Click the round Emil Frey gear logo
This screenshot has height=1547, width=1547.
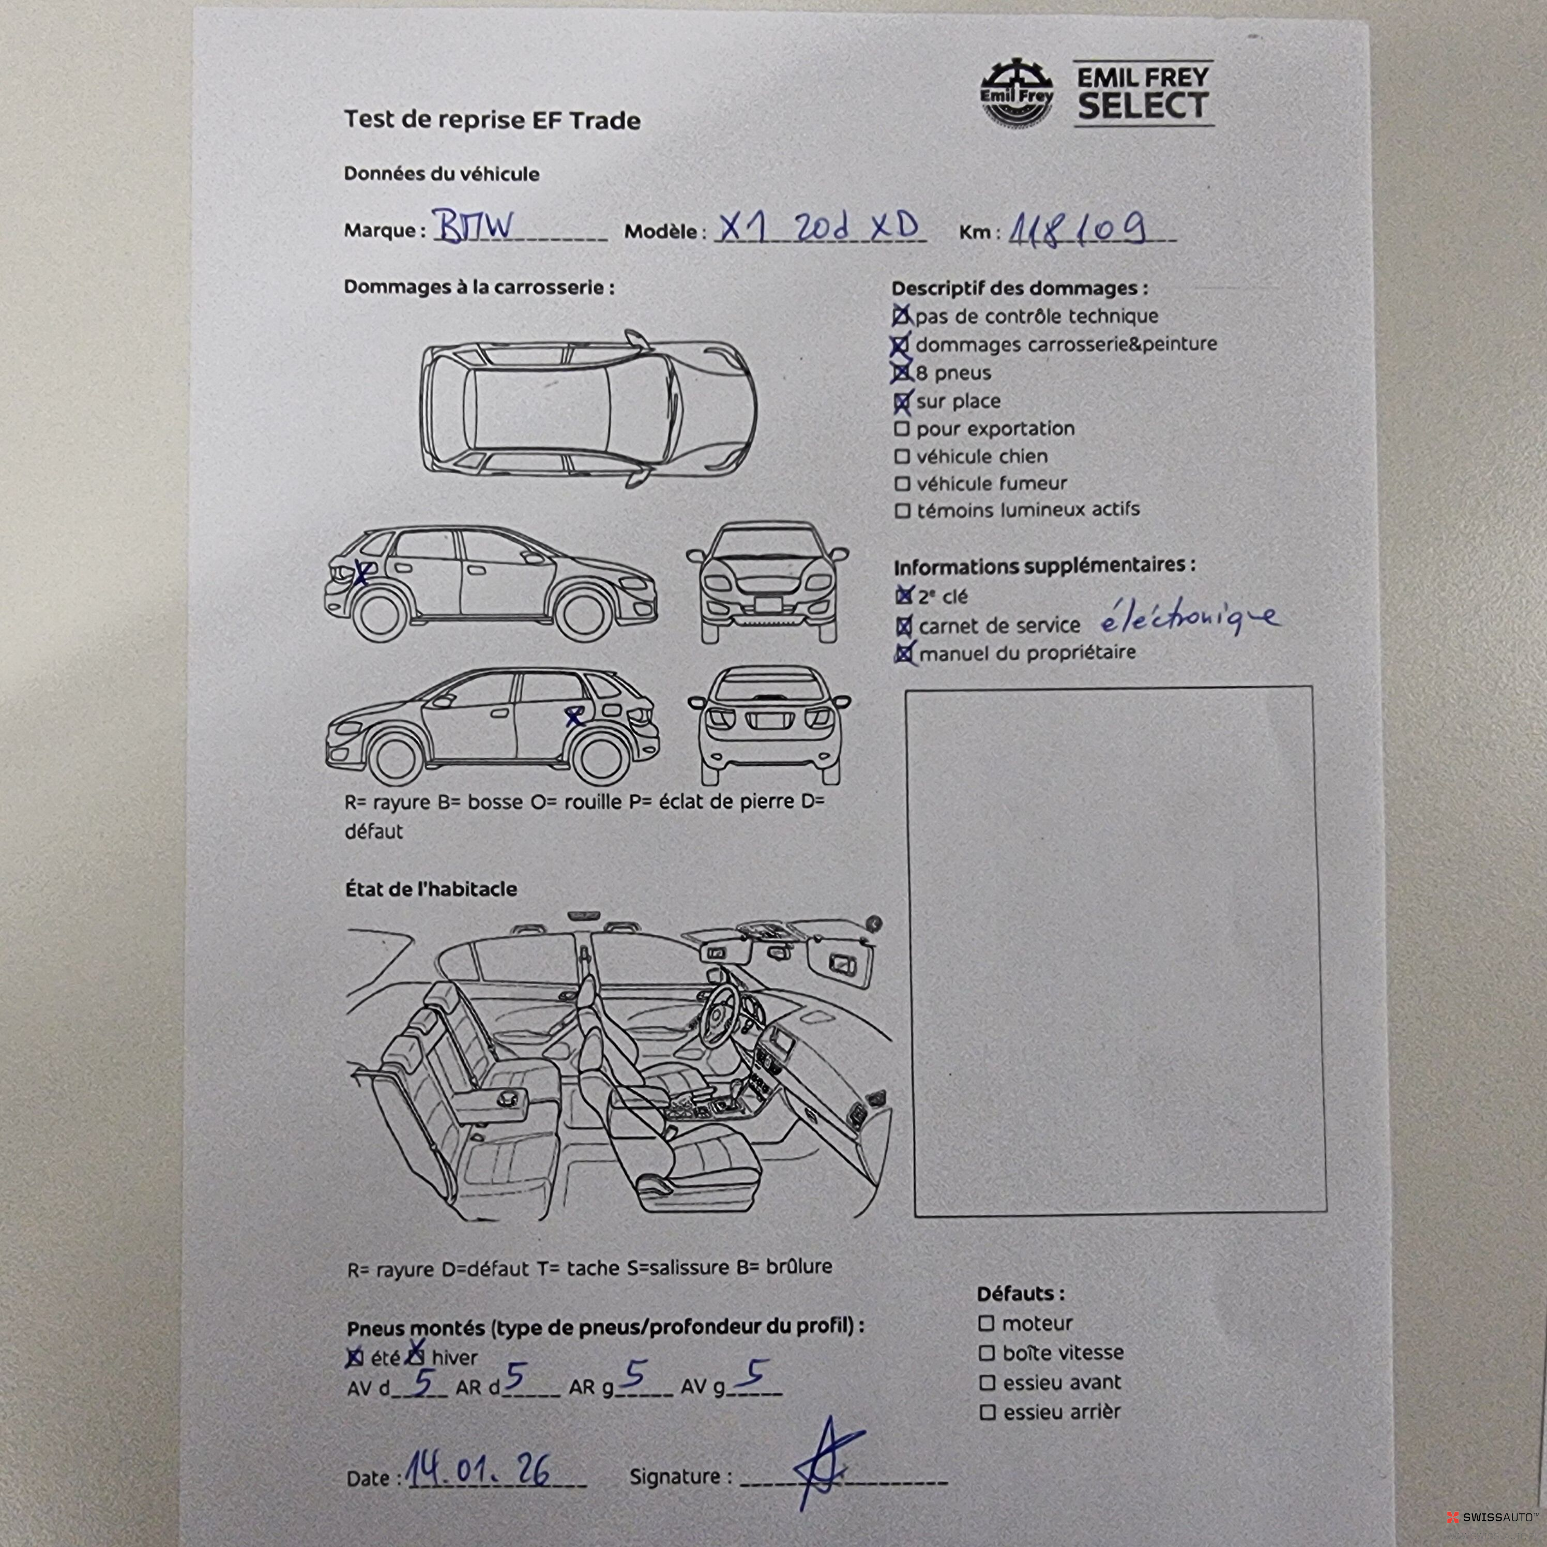1017,94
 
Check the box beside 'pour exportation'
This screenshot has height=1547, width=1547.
902,429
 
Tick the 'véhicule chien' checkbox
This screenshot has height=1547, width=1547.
902,457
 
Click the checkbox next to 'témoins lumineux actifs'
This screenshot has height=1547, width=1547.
902,510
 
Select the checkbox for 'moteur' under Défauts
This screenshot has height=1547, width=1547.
987,1324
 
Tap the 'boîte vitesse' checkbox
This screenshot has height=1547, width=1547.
987,1353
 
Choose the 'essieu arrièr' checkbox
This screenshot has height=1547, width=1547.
987,1413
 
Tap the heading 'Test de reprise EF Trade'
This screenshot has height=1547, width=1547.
492,120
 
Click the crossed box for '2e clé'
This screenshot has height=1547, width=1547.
904,596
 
